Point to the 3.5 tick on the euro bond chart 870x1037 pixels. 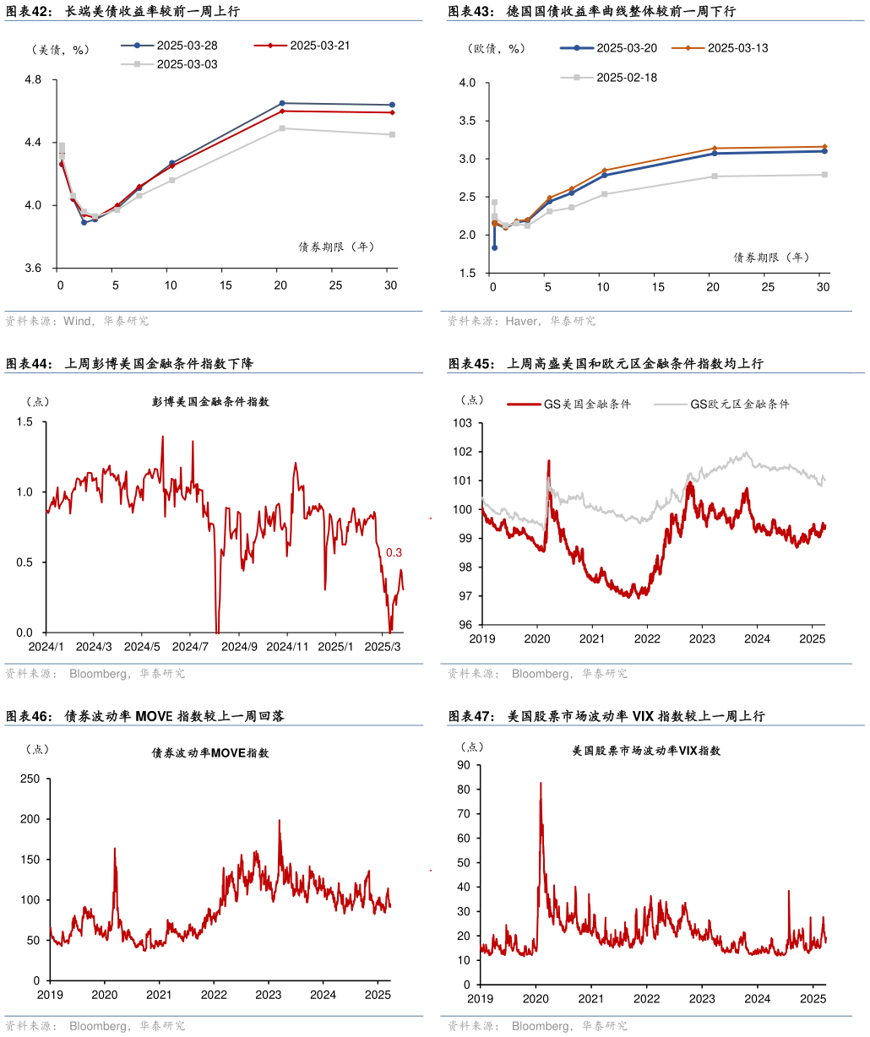pos(466,121)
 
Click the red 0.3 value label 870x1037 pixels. pos(394,553)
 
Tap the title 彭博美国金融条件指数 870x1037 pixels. pos(211,402)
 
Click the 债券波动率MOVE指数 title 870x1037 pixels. pos(210,753)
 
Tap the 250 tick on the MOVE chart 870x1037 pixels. pos(30,779)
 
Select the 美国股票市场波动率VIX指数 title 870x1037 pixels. pos(646,751)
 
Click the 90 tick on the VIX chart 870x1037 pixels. pos(464,765)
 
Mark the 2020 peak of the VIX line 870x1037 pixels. pos(541,783)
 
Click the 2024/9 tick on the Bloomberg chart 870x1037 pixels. pos(239,647)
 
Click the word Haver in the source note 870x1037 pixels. pos(521,322)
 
